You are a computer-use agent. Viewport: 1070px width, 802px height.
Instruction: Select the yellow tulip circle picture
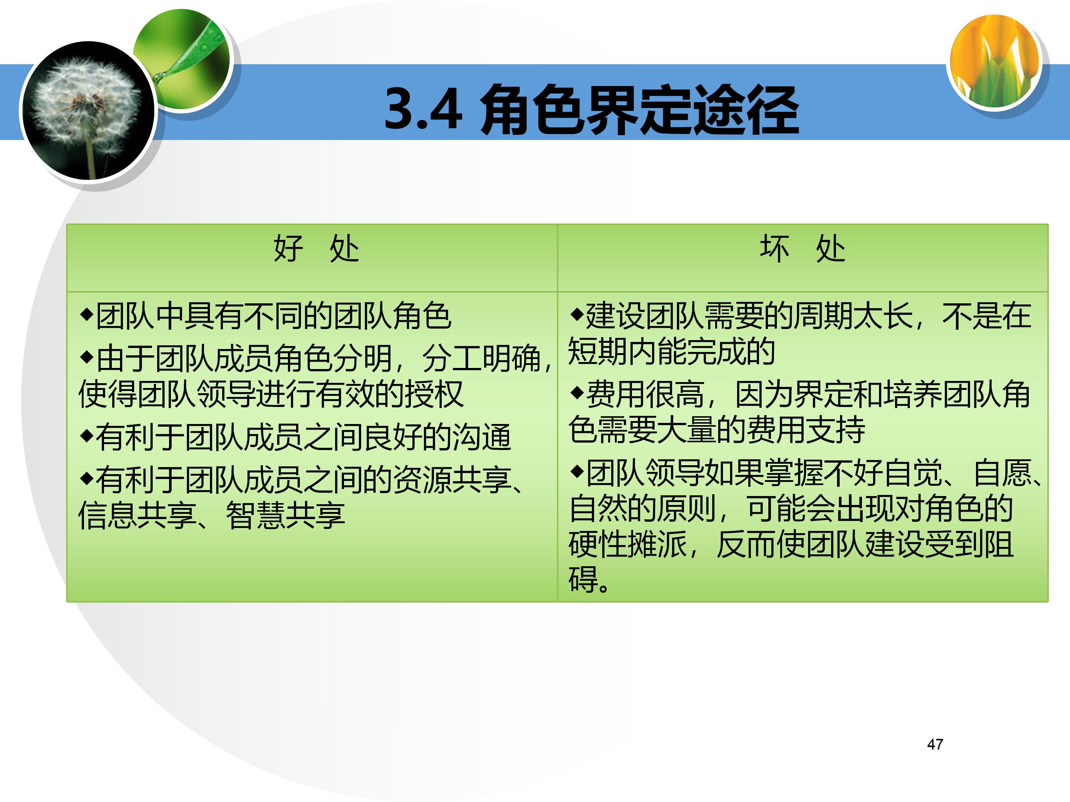click(x=995, y=61)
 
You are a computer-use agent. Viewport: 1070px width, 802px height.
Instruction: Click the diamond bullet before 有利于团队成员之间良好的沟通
click(x=87, y=435)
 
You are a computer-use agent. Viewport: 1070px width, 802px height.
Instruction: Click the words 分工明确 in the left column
click(x=481, y=359)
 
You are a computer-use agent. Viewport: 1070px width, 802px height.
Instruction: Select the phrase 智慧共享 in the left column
click(x=285, y=515)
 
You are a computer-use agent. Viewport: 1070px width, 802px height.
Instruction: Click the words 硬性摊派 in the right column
click(x=628, y=544)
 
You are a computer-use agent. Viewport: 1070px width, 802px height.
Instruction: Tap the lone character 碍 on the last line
click(x=583, y=579)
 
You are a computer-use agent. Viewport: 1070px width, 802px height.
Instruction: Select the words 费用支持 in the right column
click(x=805, y=429)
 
